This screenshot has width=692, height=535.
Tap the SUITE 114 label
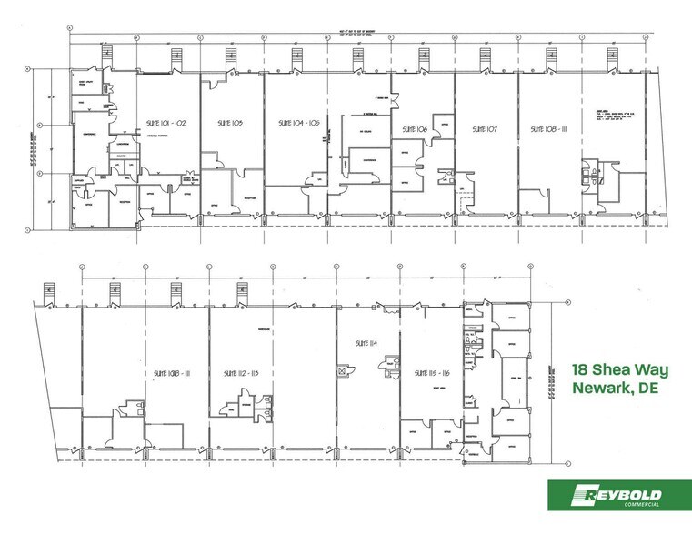click(x=366, y=343)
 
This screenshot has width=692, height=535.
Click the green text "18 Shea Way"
click(x=615, y=370)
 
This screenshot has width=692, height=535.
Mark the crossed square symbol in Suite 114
click(x=343, y=371)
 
